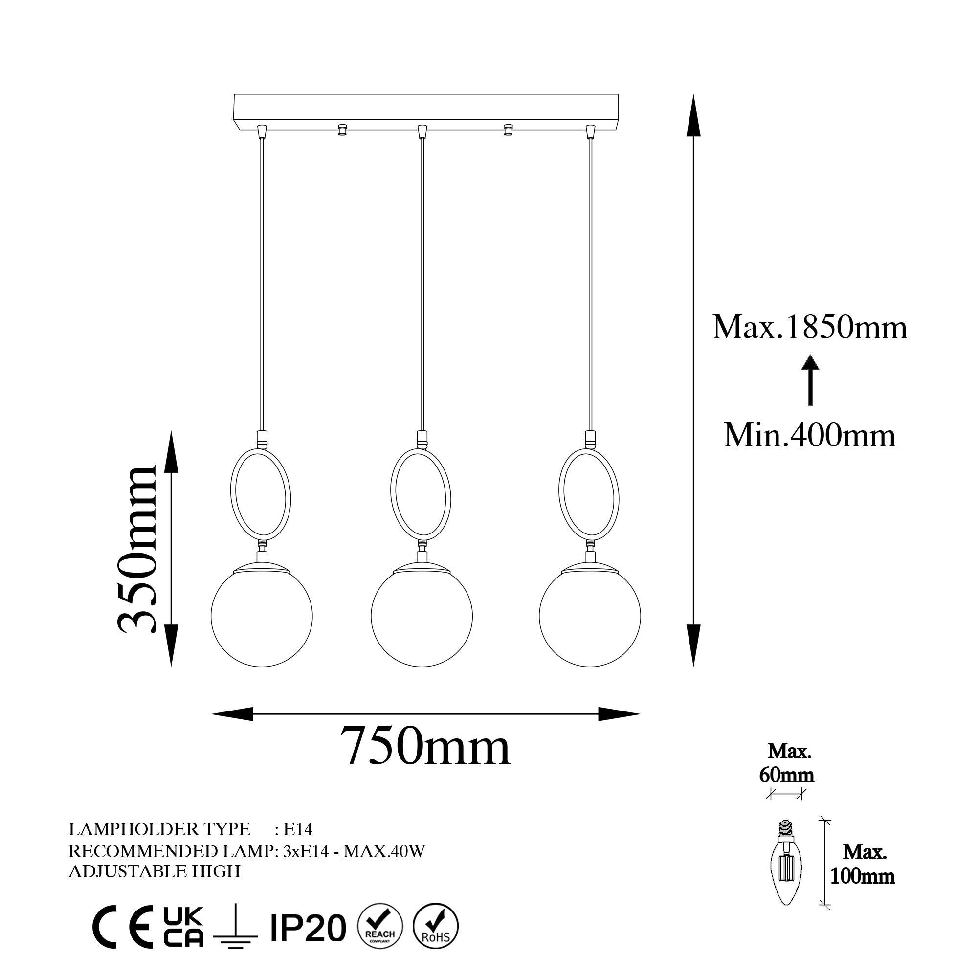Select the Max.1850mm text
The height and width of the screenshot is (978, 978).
click(x=809, y=327)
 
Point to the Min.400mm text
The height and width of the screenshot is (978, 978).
click(x=809, y=435)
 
